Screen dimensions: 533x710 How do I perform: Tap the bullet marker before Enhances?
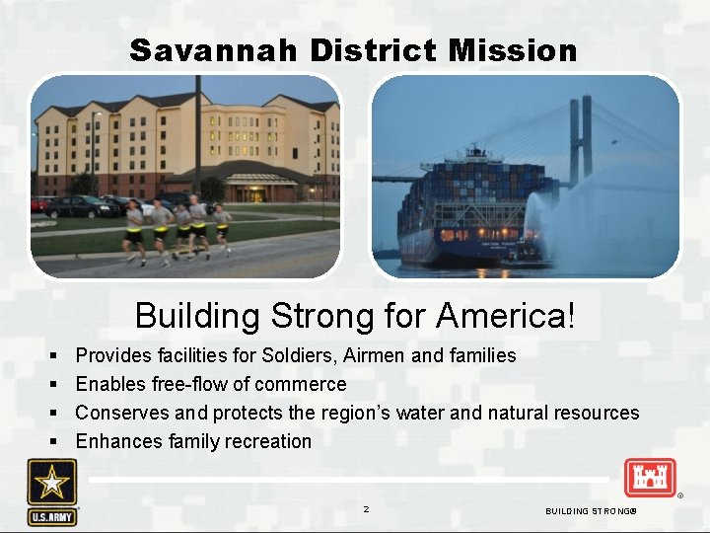click(x=51, y=441)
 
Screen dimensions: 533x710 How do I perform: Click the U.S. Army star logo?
click(x=52, y=491)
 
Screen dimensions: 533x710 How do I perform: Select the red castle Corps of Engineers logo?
click(x=649, y=478)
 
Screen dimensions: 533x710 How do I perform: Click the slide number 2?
click(x=366, y=509)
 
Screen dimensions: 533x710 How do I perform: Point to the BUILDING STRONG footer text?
click(x=591, y=510)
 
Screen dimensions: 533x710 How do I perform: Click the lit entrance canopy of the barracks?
click(x=257, y=179)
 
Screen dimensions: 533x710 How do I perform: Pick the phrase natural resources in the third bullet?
click(x=564, y=413)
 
